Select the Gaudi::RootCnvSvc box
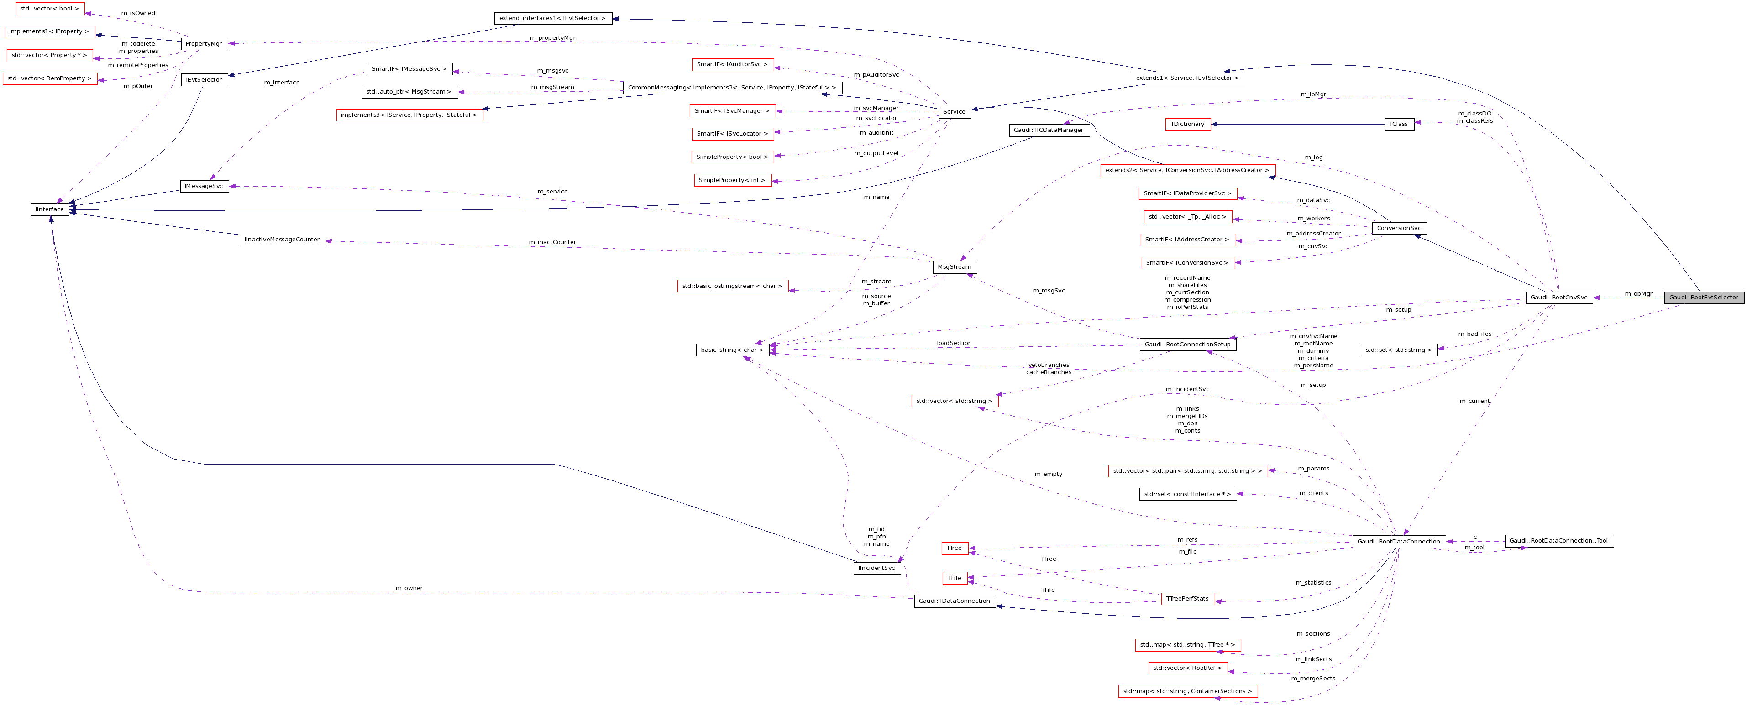pyautogui.click(x=1558, y=298)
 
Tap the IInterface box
pyautogui.click(x=49, y=209)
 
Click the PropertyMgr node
pyautogui.click(x=204, y=43)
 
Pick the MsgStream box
pyautogui.click(x=954, y=267)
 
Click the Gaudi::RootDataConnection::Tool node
pyautogui.click(x=1558, y=541)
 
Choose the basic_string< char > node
pyautogui.click(x=732, y=350)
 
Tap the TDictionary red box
pyautogui.click(x=1187, y=124)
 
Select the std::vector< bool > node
pyautogui.click(x=49, y=9)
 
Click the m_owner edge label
pyautogui.click(x=409, y=588)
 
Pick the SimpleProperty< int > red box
pyautogui.click(x=732, y=180)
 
